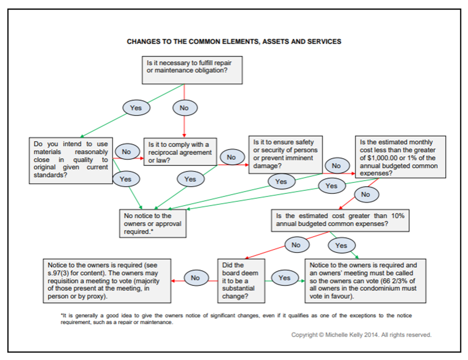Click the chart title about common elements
[234, 41]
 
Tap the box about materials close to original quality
[71, 159]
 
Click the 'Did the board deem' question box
[241, 280]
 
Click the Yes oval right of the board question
[285, 278]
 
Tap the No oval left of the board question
[195, 278]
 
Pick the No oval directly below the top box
[184, 108]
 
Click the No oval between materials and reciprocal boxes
[126, 151]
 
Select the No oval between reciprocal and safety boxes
[231, 157]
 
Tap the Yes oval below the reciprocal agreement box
[190, 179]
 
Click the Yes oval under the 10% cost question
[341, 245]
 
